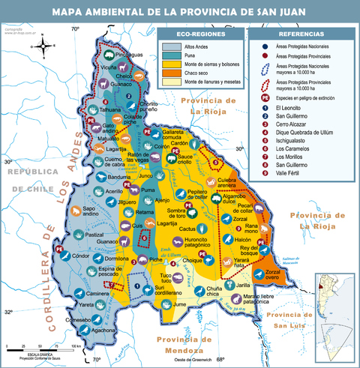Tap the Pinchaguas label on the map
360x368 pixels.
click(129, 55)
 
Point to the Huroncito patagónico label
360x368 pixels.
click(196, 241)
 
